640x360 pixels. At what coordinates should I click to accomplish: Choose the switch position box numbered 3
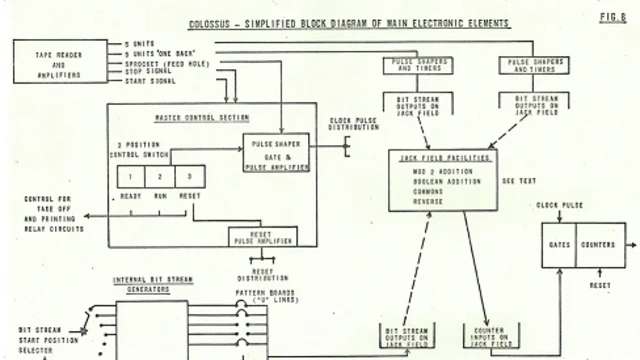187,177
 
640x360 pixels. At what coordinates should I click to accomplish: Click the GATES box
559,243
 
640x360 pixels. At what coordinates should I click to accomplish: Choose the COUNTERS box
598,243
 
